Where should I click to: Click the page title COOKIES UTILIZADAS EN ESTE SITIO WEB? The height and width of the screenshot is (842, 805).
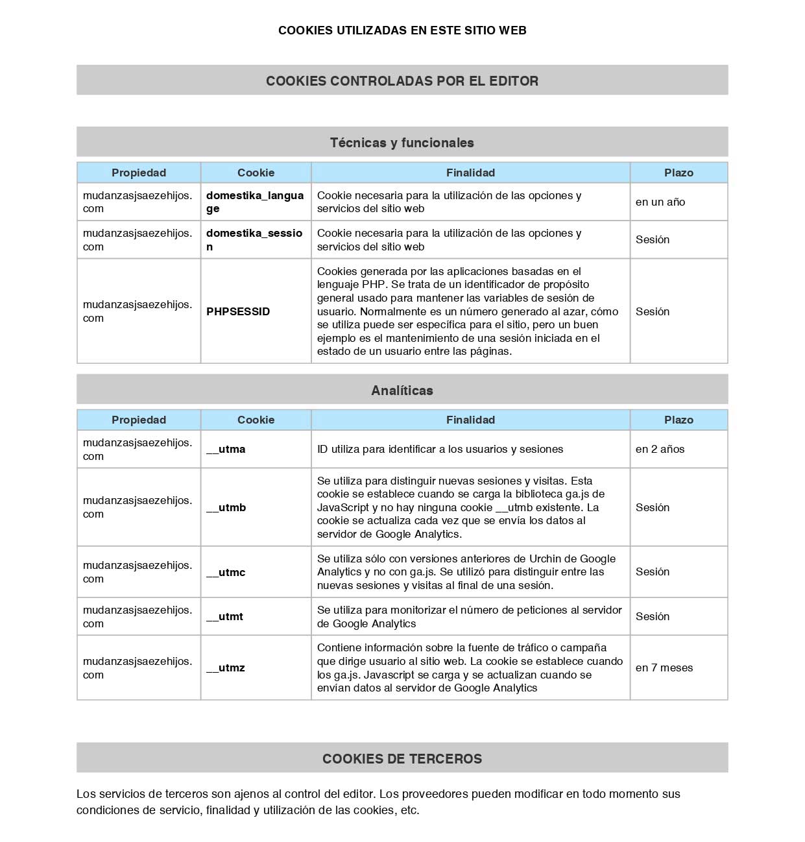coord(402,30)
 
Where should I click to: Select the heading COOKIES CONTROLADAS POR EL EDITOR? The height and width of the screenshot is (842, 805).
coord(402,81)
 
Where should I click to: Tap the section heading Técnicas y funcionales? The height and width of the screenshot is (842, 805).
coord(402,143)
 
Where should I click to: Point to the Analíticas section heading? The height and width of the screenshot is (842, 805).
coord(402,391)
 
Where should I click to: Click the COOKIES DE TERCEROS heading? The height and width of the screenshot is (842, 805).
coord(402,759)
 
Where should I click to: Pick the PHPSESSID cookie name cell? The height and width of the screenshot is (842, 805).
coord(238,311)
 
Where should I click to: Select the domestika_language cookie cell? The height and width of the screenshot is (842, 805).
coord(255,202)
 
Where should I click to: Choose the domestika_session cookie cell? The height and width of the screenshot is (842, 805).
coord(254,239)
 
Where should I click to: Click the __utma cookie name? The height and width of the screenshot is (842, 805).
coord(226,449)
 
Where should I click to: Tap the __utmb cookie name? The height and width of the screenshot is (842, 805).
coord(226,507)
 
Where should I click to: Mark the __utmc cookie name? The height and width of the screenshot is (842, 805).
coord(226,572)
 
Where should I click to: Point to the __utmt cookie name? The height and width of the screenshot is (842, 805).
coord(224,616)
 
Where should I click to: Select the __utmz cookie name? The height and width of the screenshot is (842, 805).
coord(226,668)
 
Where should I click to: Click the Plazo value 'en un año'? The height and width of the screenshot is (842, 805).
coord(660,202)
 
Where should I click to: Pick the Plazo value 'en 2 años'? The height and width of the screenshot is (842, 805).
coord(660,449)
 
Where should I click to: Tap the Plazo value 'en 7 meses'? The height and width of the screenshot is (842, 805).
coord(664,668)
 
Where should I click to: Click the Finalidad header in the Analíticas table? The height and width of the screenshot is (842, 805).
coord(470,420)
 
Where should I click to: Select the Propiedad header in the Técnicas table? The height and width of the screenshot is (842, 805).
coord(139,173)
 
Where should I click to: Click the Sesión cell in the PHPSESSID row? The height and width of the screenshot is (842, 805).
coord(653,311)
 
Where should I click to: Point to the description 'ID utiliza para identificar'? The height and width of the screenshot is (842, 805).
coord(440,449)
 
